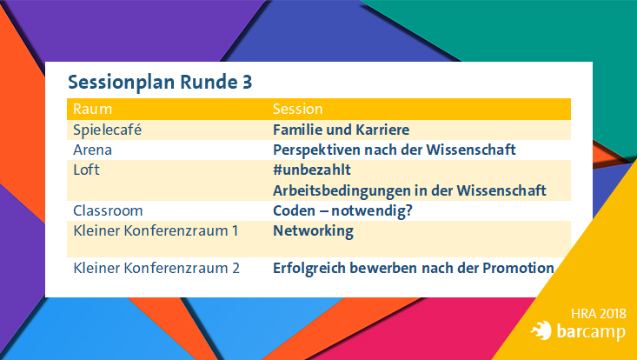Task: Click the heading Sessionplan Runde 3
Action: coord(160,83)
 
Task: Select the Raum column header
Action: coord(92,110)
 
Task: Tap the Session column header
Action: coord(297,110)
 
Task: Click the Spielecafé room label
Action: coord(107,130)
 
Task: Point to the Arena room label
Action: coord(92,150)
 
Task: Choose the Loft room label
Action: coord(86,170)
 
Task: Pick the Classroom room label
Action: coord(108,210)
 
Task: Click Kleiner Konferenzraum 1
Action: coord(156,230)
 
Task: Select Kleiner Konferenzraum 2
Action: coord(156,268)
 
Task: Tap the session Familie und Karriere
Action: coord(341,130)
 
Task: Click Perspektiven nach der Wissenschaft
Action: coord(395,150)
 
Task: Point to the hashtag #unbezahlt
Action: coord(311,170)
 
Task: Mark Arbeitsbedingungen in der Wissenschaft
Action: coord(408,190)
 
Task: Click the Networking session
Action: coord(313,230)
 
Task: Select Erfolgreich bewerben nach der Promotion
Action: coord(413,268)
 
